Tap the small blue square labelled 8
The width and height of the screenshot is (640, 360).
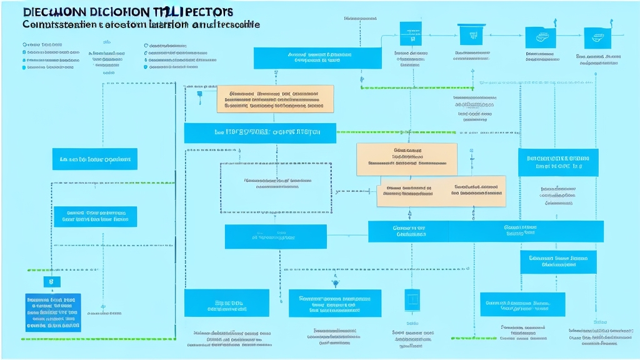pyautogui.click(x=52, y=282)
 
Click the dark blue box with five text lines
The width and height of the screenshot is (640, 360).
pyautogui.click(x=53, y=312)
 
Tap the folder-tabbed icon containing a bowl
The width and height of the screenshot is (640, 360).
pyautogui.click(x=536, y=37)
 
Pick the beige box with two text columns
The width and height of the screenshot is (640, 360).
pyautogui.click(x=441, y=194)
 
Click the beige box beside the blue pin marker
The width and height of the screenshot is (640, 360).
pyautogui.click(x=275, y=99)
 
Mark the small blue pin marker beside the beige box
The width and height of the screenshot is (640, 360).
pyautogui.click(x=200, y=95)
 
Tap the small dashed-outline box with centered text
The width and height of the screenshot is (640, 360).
pyautogui.click(x=276, y=187)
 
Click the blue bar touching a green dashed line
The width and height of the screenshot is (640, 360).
pyautogui.click(x=260, y=132)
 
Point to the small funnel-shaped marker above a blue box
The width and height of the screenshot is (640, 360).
pyautogui.click(x=336, y=283)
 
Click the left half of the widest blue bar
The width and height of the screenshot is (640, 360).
pyautogui.click(x=408, y=231)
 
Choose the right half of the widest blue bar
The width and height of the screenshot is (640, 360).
pyautogui.click(x=526, y=231)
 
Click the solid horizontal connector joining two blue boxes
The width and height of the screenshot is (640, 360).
pyautogui.click(x=347, y=236)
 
